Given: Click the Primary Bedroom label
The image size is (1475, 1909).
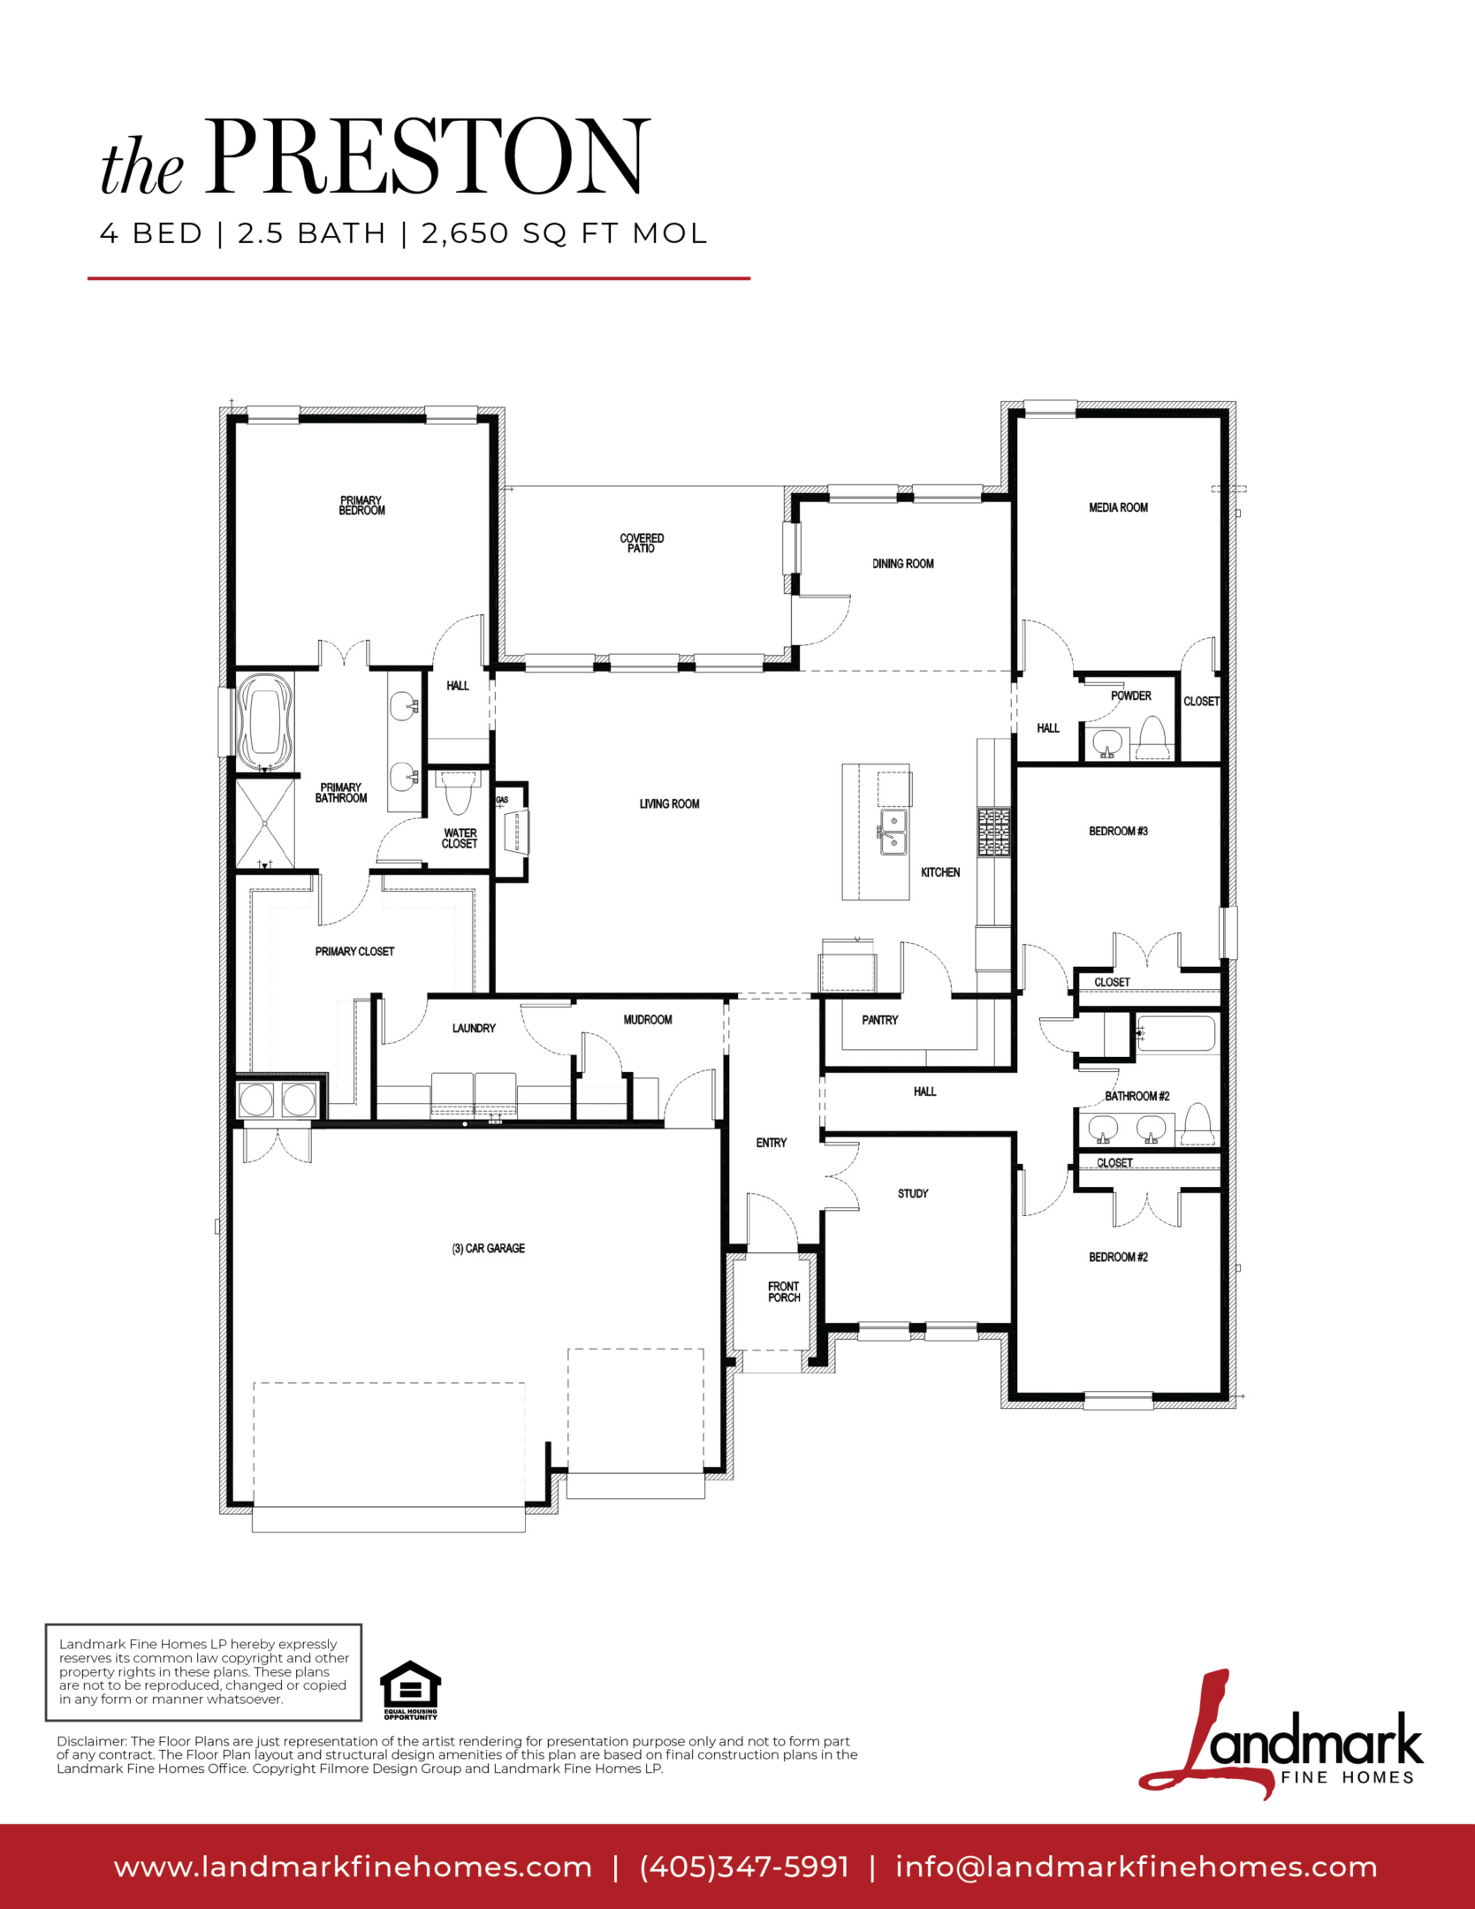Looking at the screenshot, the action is coord(361,506).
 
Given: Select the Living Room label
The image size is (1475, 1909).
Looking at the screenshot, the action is coord(669,803).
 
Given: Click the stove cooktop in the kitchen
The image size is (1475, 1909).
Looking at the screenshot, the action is coord(993,832).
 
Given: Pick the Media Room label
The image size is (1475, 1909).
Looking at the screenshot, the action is coord(1118,507).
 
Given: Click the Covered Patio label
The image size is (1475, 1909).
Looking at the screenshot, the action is coord(642,543).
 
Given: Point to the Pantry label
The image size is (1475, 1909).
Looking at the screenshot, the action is coord(879,1020).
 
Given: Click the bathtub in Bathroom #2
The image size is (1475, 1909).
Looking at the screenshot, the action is coord(1175,1034).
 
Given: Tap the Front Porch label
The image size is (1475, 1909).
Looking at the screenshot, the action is coord(784,1292).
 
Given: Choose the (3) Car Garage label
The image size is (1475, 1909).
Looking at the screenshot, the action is coord(488,1248).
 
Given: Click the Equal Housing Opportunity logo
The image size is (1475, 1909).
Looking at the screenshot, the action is coord(410,1690).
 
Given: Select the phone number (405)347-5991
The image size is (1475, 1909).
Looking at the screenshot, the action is coord(744,1867).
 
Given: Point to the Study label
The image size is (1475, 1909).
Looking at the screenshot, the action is coord(913,1193).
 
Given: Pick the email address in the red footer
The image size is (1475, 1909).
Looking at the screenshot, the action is coord(1136,1867).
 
